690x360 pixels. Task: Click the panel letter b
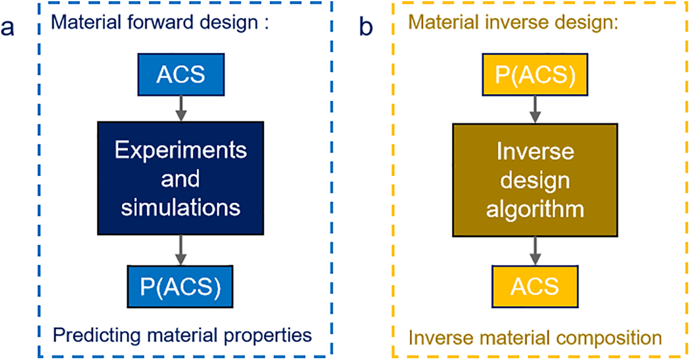click(x=366, y=28)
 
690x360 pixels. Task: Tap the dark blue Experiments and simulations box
click(x=180, y=179)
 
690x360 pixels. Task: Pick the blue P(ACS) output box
click(x=180, y=287)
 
